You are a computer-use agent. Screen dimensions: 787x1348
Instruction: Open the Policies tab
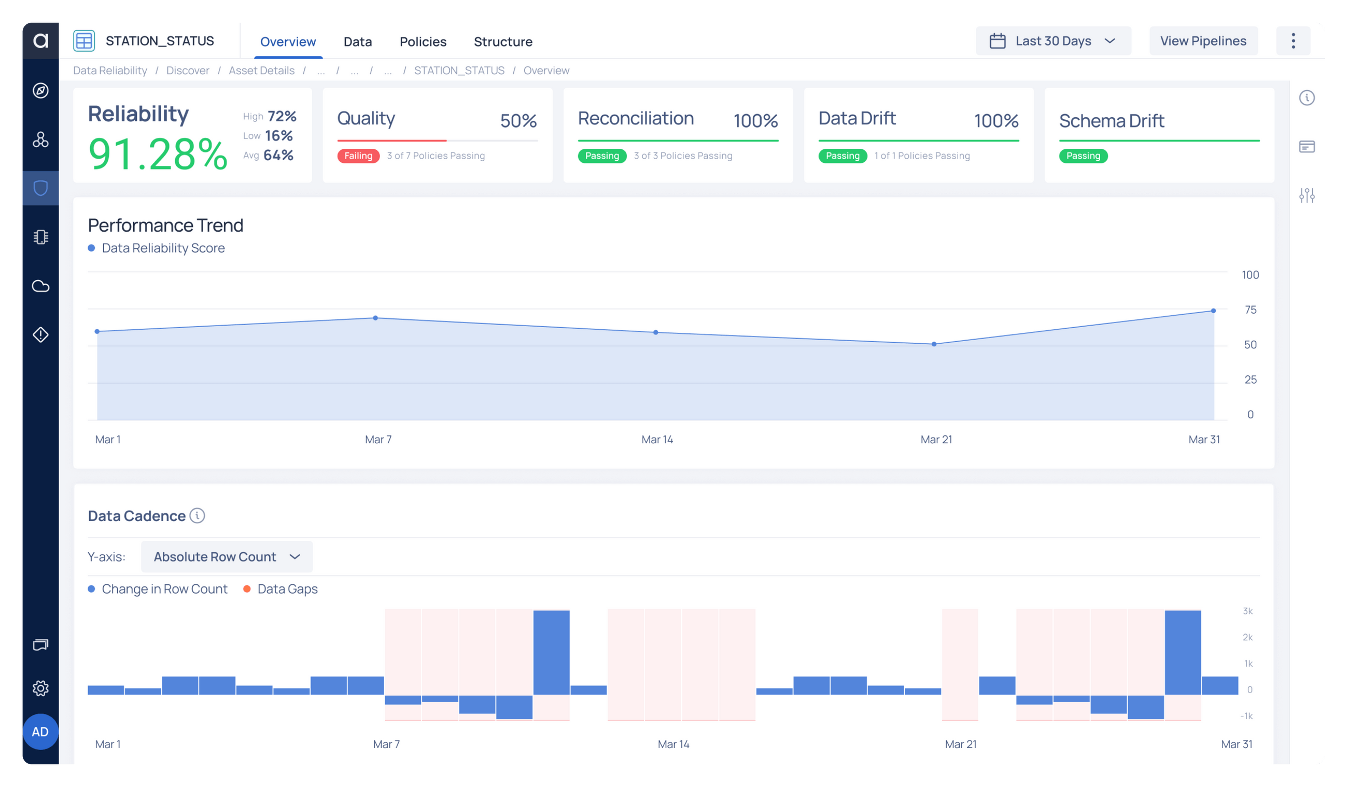coord(423,41)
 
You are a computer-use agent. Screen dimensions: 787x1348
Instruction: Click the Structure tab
coord(503,41)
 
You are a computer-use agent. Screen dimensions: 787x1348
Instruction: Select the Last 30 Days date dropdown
coord(1052,40)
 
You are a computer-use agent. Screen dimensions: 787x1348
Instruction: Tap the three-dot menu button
coord(1293,40)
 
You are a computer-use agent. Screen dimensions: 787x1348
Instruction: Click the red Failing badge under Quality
coord(358,156)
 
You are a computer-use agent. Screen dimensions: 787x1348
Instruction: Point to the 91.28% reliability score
coord(158,154)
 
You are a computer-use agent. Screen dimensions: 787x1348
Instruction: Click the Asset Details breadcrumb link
coord(262,70)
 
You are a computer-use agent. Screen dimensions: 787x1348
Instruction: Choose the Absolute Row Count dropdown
coord(226,556)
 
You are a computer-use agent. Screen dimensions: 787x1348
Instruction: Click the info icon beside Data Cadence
coord(198,515)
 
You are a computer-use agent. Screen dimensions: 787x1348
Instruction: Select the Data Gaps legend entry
coord(287,588)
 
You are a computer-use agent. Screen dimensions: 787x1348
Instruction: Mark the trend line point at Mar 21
coord(934,344)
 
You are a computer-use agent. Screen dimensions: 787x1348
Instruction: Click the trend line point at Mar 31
coord(1213,311)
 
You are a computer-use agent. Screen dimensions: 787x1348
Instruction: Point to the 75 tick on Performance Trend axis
coord(1250,310)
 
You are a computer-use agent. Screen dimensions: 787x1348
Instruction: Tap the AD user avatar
coord(40,732)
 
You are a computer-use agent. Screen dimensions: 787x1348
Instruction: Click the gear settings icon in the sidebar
coord(40,688)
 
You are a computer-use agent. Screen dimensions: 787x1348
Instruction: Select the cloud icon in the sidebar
coord(40,286)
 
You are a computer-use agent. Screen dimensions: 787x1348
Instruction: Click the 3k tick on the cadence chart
coord(1247,611)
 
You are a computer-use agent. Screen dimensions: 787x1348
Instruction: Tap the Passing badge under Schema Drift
coord(1083,156)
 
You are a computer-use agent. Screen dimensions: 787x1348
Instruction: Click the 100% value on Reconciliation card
coord(755,120)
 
